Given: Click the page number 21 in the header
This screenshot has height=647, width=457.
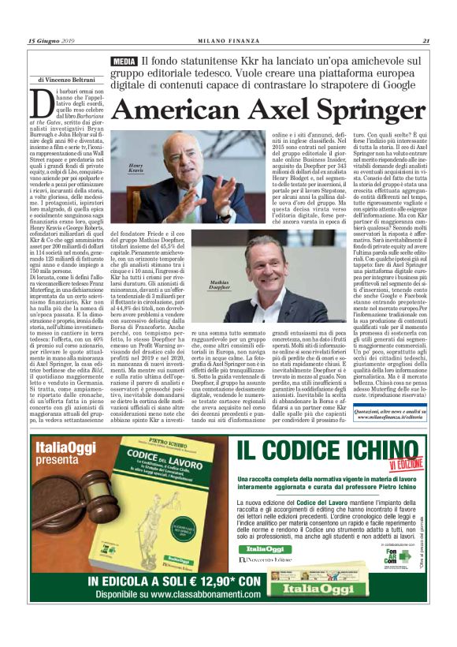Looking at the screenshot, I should point(425,41).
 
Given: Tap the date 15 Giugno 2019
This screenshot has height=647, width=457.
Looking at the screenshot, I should point(52,41).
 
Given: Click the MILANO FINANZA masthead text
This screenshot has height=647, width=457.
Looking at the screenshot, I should point(229,41).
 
